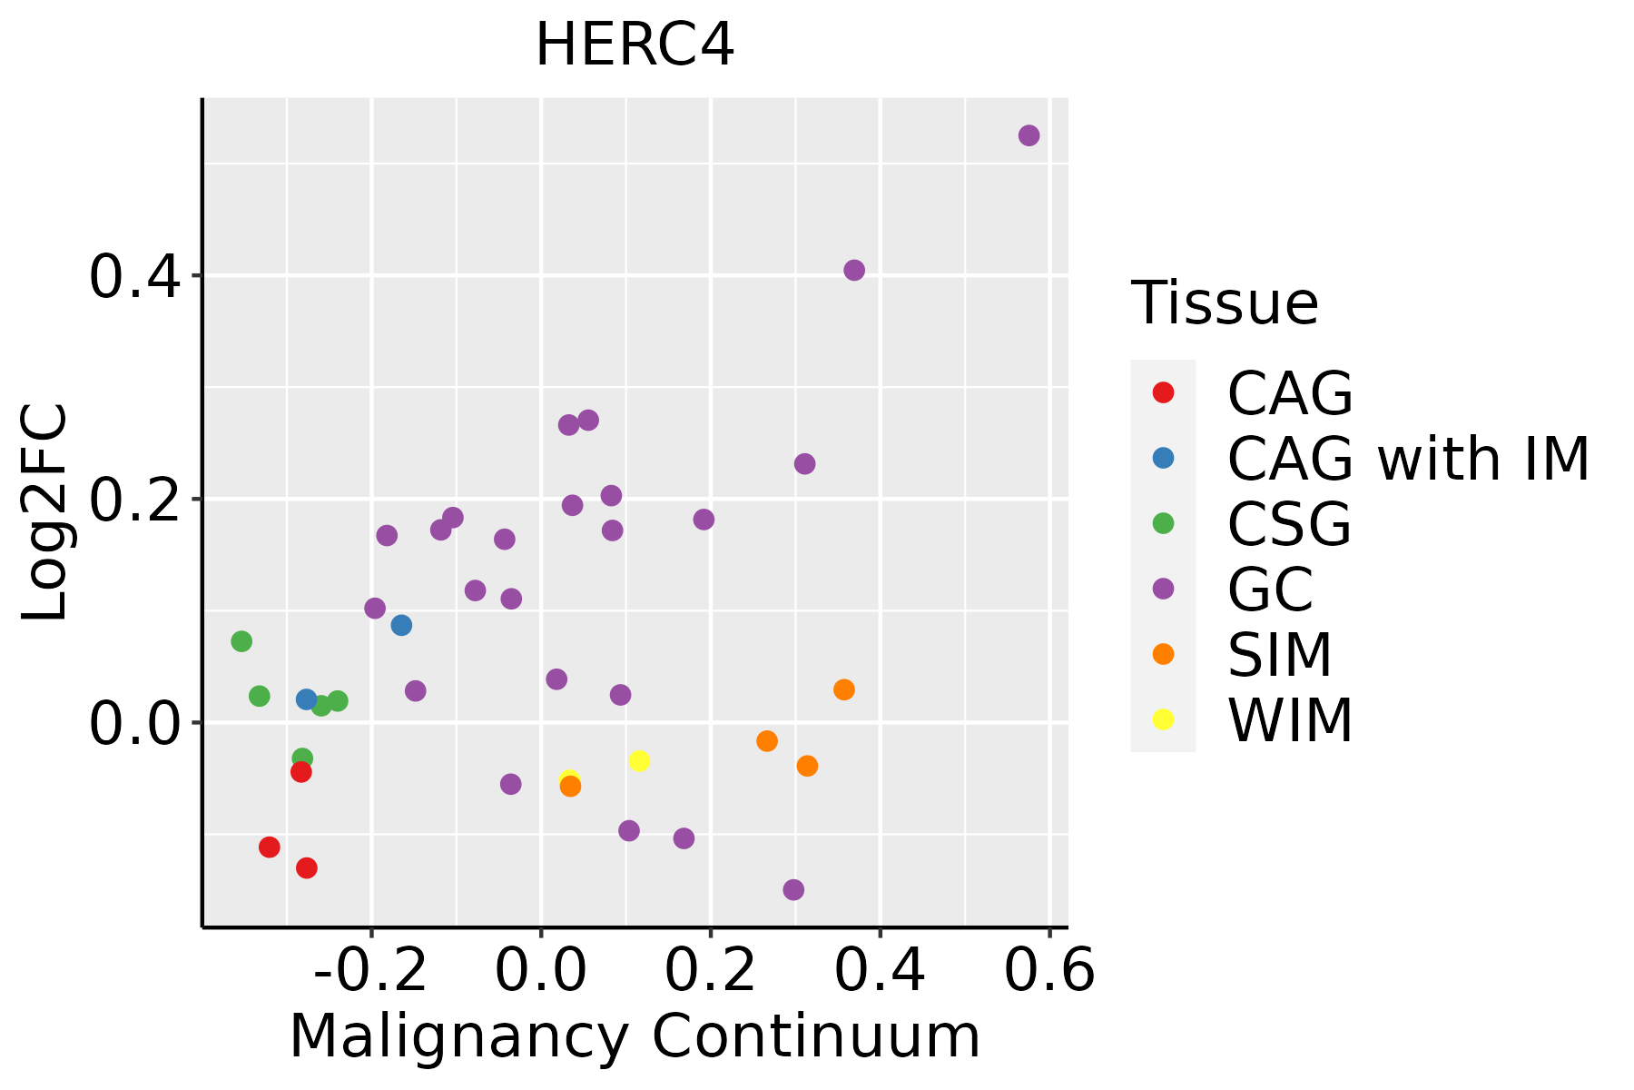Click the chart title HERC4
635,45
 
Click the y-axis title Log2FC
45,512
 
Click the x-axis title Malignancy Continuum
635,1036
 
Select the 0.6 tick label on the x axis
1049,971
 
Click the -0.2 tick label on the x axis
370,971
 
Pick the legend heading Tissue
1225,303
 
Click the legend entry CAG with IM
1408,459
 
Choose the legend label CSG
1289,524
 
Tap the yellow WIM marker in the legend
1163,719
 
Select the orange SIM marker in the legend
1163,654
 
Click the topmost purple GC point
1029,135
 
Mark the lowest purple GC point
793,889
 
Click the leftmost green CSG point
241,641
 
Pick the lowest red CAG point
307,867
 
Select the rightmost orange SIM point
844,689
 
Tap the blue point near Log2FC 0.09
401,625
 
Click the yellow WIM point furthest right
639,760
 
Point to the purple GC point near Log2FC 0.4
854,270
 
